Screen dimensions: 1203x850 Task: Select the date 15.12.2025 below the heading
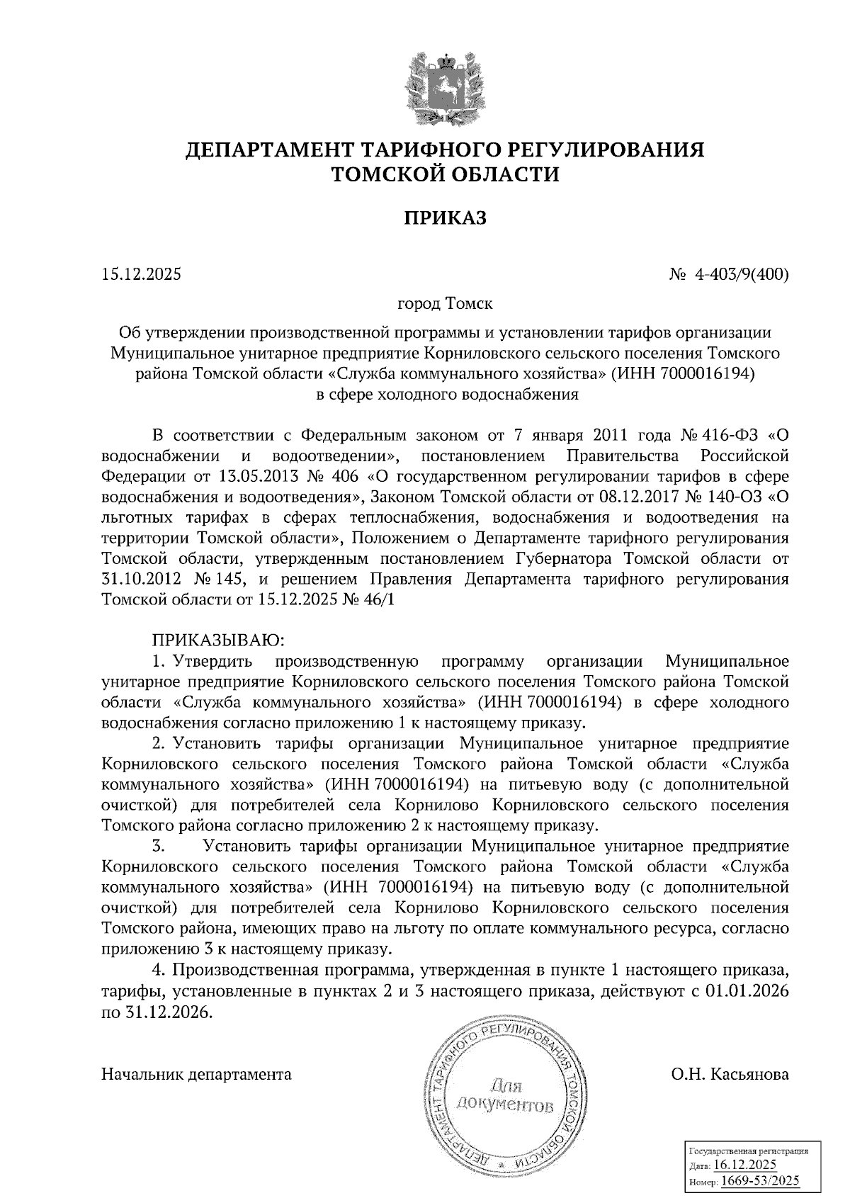click(142, 273)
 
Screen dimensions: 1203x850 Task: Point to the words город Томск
click(446, 304)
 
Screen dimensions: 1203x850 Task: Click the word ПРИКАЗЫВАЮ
click(215, 640)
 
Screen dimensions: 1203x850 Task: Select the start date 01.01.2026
click(747, 990)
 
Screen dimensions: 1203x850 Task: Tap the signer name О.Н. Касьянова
click(730, 1074)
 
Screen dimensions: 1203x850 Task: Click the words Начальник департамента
click(197, 1074)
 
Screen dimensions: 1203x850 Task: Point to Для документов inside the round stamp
click(504, 1095)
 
